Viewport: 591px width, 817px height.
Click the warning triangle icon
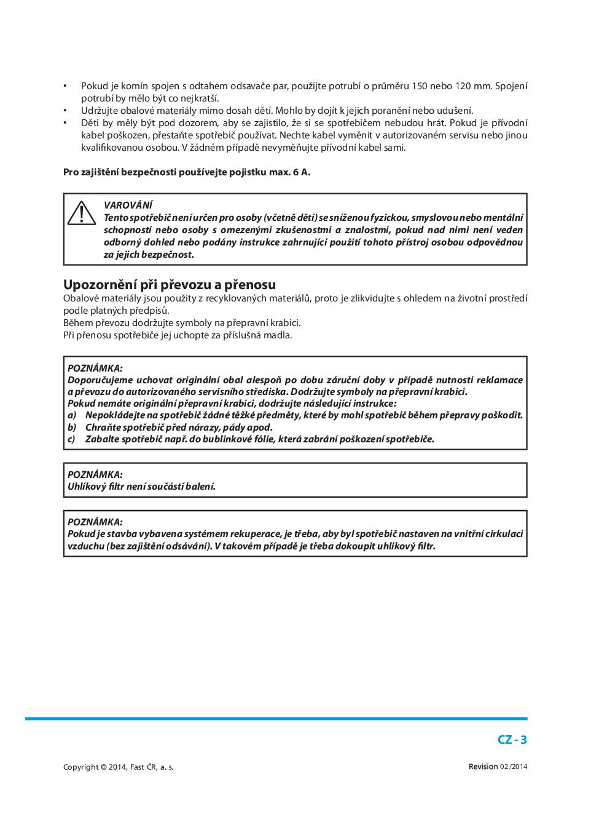pyautogui.click(x=81, y=213)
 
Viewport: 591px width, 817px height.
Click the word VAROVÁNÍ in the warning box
pyautogui.click(x=128, y=205)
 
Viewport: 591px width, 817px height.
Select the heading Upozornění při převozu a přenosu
pyautogui.click(x=170, y=284)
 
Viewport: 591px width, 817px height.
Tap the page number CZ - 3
pyautogui.click(x=512, y=739)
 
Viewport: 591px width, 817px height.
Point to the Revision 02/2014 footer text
pyautogui.click(x=498, y=767)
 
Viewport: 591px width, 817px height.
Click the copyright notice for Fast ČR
pyautogui.click(x=118, y=767)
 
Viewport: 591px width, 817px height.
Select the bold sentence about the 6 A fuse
pyautogui.click(x=187, y=172)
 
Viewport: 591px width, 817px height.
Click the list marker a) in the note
pyautogui.click(x=72, y=415)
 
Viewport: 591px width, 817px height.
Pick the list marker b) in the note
pyautogui.click(x=72, y=427)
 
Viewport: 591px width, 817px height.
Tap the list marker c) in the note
pyautogui.click(x=72, y=439)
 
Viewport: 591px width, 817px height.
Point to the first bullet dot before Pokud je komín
pyautogui.click(x=66, y=86)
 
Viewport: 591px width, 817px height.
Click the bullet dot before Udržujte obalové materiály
pyautogui.click(x=66, y=111)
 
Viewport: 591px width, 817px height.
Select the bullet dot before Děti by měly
pyautogui.click(x=66, y=123)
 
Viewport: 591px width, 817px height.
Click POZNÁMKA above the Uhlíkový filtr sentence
pyautogui.click(x=95, y=474)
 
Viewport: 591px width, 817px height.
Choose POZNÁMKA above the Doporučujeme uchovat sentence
pyautogui.click(x=95, y=368)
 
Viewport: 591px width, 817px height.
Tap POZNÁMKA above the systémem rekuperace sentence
pyautogui.click(x=95, y=522)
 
